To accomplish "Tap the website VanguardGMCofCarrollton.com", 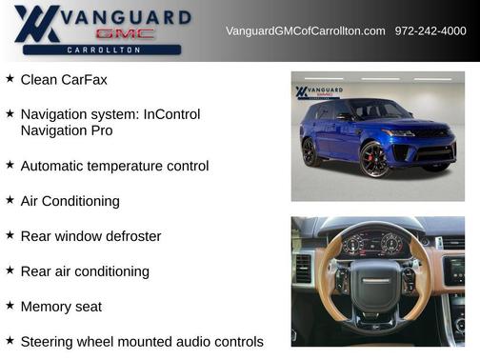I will (306, 31).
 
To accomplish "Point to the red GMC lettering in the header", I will (125, 33).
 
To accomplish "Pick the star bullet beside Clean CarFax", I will (10, 78).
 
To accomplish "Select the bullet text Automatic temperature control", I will (114, 166).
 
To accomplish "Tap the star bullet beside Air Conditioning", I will (10, 200).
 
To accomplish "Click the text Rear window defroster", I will (90, 236).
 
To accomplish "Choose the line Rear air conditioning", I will (85, 271).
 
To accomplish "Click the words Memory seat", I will (61, 307).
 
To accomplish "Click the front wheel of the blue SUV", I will (374, 159).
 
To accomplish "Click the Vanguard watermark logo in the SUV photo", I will (315, 92).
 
